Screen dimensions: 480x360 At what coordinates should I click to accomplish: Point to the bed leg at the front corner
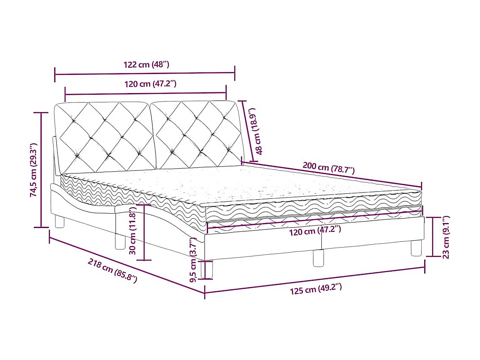pyautogui.click(x=208, y=269)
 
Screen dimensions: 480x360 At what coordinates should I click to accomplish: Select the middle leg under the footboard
pyautogui.click(x=318, y=258)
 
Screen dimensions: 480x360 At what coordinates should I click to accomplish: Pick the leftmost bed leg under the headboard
pyautogui.click(x=60, y=221)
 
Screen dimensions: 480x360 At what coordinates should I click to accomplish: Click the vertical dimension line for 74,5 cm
pyautogui.click(x=41, y=170)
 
